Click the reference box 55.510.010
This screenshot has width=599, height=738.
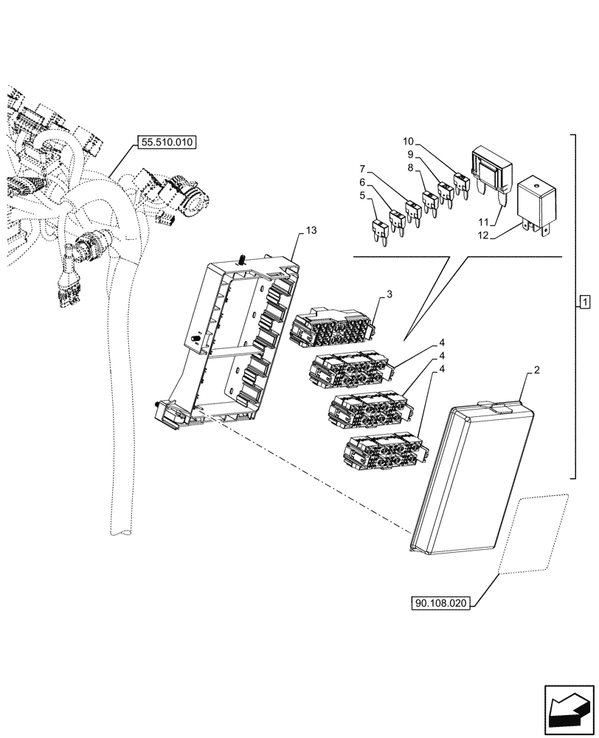click(x=167, y=143)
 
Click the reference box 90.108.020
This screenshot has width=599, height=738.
click(x=440, y=603)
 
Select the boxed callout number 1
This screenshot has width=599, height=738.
click(x=584, y=303)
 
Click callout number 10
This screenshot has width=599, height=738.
click(x=409, y=141)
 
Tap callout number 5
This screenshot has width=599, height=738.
click(x=362, y=196)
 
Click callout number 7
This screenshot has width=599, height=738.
click(x=362, y=168)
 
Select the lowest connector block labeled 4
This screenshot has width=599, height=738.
click(x=384, y=450)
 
